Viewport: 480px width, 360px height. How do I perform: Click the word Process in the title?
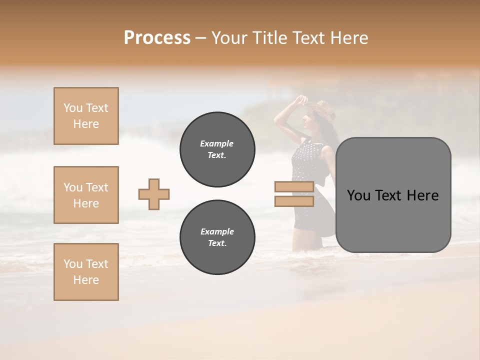coord(157,38)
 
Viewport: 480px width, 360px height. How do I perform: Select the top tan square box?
coord(86,116)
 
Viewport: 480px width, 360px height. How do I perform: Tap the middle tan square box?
coord(86,195)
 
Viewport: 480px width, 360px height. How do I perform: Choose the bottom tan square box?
coord(86,272)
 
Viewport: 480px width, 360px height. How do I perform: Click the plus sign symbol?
coord(154,194)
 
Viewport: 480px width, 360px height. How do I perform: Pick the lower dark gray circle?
coord(217,237)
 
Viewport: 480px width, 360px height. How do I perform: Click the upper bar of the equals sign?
coord(294,187)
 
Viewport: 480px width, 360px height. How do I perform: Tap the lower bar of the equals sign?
coord(294,201)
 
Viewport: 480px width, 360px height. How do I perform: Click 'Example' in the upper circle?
coord(217,143)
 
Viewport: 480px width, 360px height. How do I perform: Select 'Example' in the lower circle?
coord(217,231)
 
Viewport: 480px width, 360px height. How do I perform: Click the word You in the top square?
coord(72,108)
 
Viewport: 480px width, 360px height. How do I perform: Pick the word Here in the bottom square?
coord(86,280)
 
